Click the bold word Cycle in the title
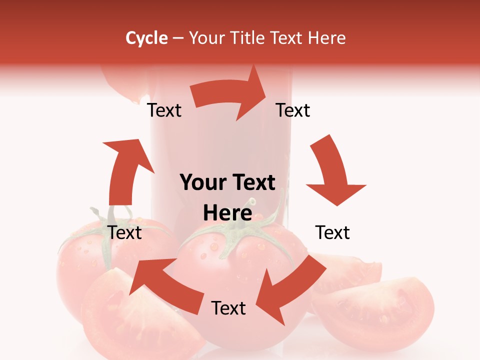pos(146,38)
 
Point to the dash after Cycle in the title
pos(178,38)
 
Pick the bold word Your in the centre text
pos(201,182)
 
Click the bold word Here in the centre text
pos(227,213)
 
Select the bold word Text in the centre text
pos(253,182)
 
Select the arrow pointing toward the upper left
pos(160,280)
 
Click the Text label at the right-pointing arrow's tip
pos(293,110)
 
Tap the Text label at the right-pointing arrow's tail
pos(164,110)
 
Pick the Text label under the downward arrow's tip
pos(332,232)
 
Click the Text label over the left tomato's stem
pos(125,232)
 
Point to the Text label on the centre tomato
pos(228,308)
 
